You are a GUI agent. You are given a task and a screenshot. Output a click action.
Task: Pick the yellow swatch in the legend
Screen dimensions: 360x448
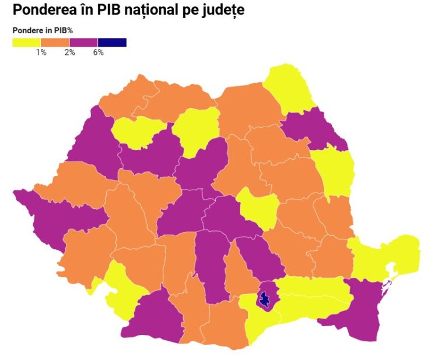(26, 42)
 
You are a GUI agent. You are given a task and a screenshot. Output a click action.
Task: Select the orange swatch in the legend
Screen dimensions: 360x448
(55, 42)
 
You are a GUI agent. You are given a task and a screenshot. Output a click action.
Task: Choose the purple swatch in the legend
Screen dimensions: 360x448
(83, 42)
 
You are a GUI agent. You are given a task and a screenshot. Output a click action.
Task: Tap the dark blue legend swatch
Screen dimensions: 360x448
(112, 42)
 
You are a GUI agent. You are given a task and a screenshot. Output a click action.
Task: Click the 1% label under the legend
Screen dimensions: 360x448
(41, 53)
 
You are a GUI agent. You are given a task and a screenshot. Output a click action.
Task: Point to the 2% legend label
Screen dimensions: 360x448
(69, 53)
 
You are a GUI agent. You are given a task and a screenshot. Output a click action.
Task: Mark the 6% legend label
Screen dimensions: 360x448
(98, 53)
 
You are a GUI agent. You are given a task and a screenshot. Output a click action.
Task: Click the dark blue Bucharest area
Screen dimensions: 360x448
(265, 300)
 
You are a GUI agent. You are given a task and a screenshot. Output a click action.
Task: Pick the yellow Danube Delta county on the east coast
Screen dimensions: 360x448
(388, 257)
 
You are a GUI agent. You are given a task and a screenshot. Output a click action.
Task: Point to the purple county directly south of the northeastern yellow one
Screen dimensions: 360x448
(315, 131)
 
